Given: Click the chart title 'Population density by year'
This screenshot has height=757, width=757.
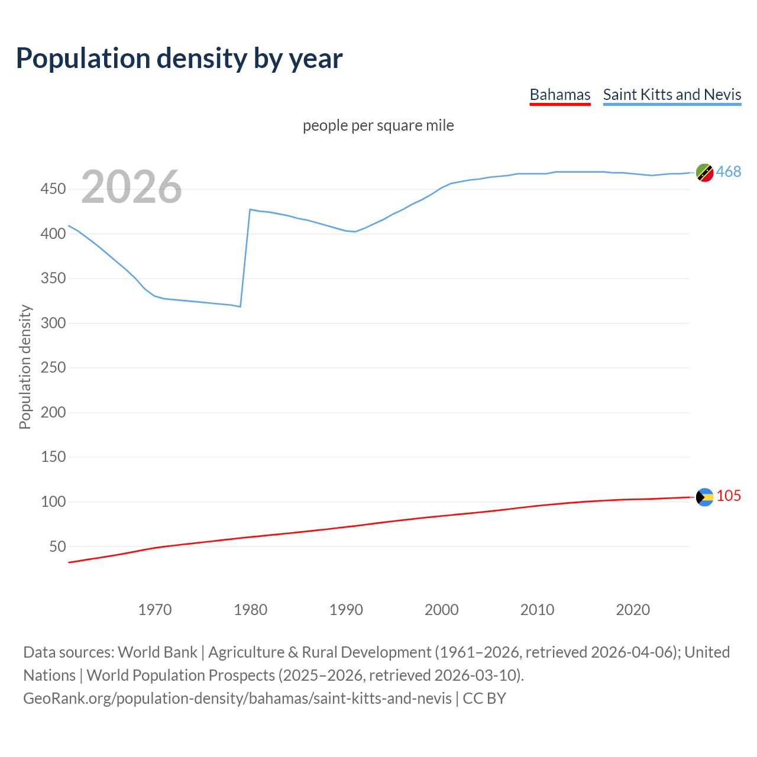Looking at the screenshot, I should pyautogui.click(x=179, y=59).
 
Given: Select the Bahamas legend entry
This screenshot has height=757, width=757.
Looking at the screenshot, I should pyautogui.click(x=559, y=95).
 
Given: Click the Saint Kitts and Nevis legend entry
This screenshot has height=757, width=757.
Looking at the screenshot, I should pyautogui.click(x=672, y=95).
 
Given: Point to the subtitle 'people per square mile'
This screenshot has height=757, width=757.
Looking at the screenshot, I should pyautogui.click(x=378, y=125).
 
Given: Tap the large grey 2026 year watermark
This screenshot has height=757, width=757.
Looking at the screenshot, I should pyautogui.click(x=131, y=187).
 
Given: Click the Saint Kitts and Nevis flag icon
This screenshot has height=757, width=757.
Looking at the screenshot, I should pyautogui.click(x=704, y=172).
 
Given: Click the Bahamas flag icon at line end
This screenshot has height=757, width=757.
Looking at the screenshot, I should pyautogui.click(x=704, y=497).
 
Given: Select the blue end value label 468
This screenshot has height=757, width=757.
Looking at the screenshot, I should pyautogui.click(x=728, y=172).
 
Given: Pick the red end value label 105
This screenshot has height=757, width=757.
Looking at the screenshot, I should pyautogui.click(x=729, y=496).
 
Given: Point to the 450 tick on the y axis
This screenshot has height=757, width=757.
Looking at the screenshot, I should pyautogui.click(x=53, y=189).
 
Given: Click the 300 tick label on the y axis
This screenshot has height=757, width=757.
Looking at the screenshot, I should pyautogui.click(x=53, y=323).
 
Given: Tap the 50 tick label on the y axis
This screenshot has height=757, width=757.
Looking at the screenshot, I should pyautogui.click(x=57, y=546).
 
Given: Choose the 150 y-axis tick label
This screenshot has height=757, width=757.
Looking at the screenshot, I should pyautogui.click(x=53, y=457).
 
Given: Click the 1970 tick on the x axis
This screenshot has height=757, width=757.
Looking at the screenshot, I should pyautogui.click(x=155, y=610).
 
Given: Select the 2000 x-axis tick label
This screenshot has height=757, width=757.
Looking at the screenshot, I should pyautogui.click(x=441, y=610).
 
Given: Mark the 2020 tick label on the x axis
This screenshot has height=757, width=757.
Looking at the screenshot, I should pyautogui.click(x=633, y=610).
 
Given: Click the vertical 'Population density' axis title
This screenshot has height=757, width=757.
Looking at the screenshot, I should pyautogui.click(x=25, y=367).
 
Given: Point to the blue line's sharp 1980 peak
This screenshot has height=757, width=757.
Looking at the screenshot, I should pyautogui.click(x=250, y=209).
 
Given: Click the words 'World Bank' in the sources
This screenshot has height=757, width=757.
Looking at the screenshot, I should pyautogui.click(x=157, y=652).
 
